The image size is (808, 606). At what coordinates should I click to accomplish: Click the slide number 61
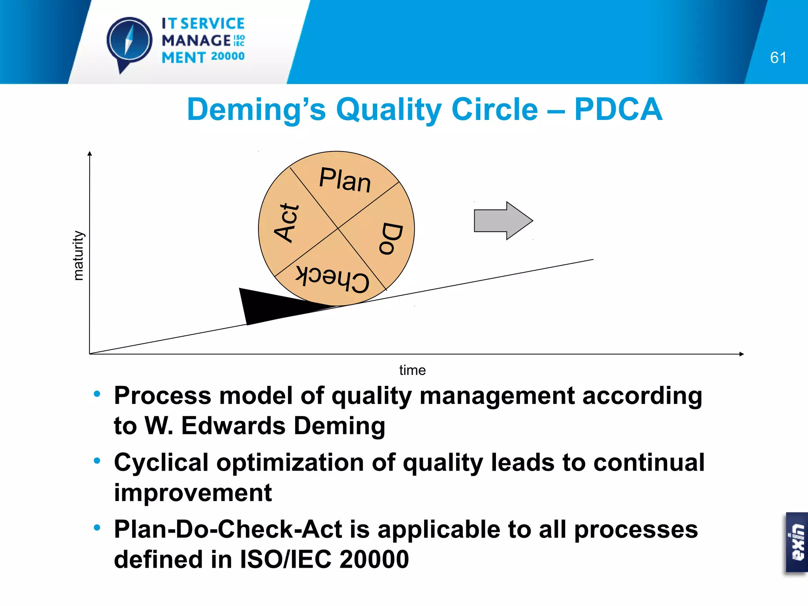pos(778,58)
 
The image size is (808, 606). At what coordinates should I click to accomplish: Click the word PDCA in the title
pos(618,109)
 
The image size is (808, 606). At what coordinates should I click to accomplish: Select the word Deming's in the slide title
pos(256,110)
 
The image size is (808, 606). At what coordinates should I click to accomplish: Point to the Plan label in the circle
pos(345,180)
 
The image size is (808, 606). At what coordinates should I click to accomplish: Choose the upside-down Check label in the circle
pos(333,279)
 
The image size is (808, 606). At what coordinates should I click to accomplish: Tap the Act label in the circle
pos(287,223)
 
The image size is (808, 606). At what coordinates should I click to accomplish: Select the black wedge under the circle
pos(268,306)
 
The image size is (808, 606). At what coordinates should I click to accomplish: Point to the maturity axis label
pos(79,256)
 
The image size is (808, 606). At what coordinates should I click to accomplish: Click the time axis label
pos(412,370)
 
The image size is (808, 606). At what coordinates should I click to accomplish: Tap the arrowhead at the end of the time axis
pos(741,354)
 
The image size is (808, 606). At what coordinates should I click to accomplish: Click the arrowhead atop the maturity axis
pos(90,153)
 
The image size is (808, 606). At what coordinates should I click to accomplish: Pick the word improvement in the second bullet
pos(193,493)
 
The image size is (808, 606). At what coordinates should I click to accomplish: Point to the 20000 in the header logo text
pos(228,56)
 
